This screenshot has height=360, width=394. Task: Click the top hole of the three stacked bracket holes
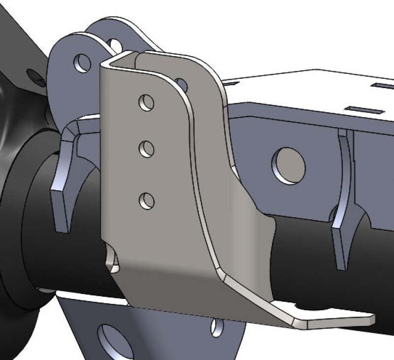point(146,103)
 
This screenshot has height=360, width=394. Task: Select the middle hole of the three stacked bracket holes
point(146,149)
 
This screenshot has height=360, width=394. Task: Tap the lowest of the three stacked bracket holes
point(146,200)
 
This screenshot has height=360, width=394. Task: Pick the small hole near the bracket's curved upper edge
point(181,85)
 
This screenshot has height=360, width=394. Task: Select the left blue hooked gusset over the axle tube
point(64,177)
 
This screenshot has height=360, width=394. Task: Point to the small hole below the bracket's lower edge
point(217,327)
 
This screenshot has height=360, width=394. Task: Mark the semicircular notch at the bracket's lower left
point(114,261)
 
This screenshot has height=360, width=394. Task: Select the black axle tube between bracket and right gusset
point(300,251)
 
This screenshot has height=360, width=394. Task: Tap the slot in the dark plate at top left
point(35,75)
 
